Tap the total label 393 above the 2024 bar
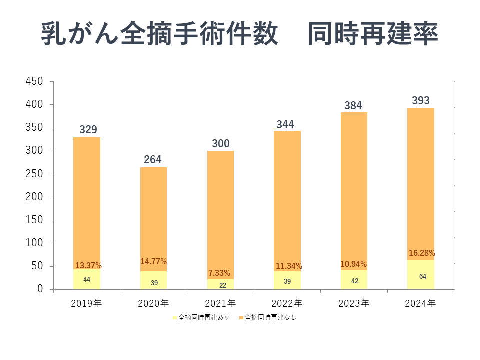pos(421,100)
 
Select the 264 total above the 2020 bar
pos(153,160)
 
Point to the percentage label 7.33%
pos(219,273)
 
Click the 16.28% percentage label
pos(422,253)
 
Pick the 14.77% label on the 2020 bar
pos(153,261)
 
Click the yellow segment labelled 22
pos(220,284)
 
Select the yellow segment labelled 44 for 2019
pos(87,279)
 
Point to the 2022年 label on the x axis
pos(287,303)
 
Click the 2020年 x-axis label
pos(153,303)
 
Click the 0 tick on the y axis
pos(40,289)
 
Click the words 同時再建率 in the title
pos(373,34)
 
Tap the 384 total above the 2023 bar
pos(353,105)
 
